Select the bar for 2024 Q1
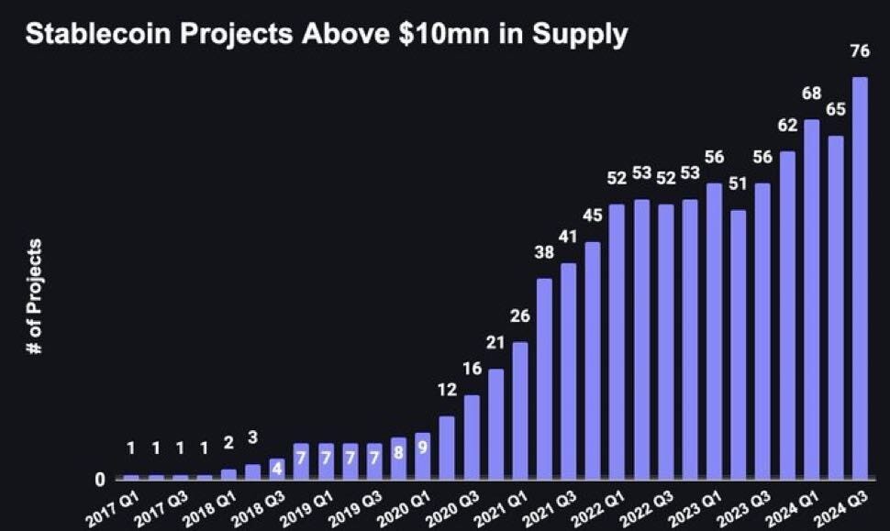(x=811, y=299)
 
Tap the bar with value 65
(x=835, y=307)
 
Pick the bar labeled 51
(x=739, y=344)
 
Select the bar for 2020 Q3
(x=472, y=437)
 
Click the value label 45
(x=593, y=216)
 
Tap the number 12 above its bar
(x=447, y=390)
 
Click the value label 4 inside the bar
(x=277, y=468)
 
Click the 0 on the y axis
(x=100, y=480)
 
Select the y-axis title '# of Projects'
(x=35, y=298)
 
